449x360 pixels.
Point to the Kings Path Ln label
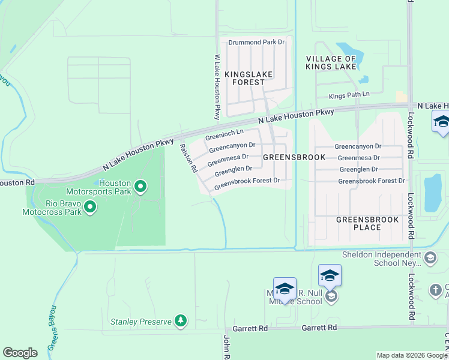coord(349,95)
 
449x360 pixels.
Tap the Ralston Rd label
coord(188,157)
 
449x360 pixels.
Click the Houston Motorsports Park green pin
coord(140,187)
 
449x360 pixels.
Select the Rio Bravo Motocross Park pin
coord(90,208)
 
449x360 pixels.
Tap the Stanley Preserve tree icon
coord(180,322)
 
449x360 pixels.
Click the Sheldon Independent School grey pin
coord(430,258)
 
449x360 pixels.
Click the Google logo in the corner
coord(20,353)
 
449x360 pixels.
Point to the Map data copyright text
coord(412,355)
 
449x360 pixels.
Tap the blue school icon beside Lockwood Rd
coord(441,123)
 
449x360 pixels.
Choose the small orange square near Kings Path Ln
coord(401,96)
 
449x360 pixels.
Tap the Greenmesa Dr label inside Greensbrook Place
coord(359,158)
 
